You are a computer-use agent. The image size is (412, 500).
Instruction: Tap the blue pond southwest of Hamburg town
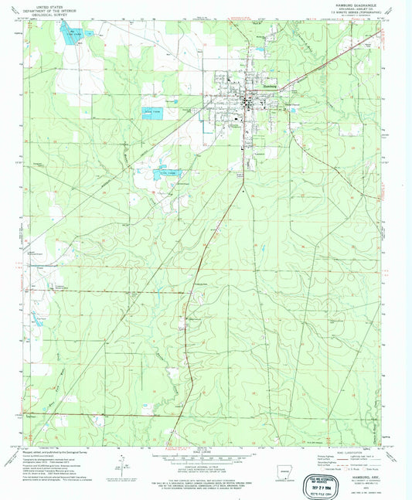[x=165, y=174]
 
